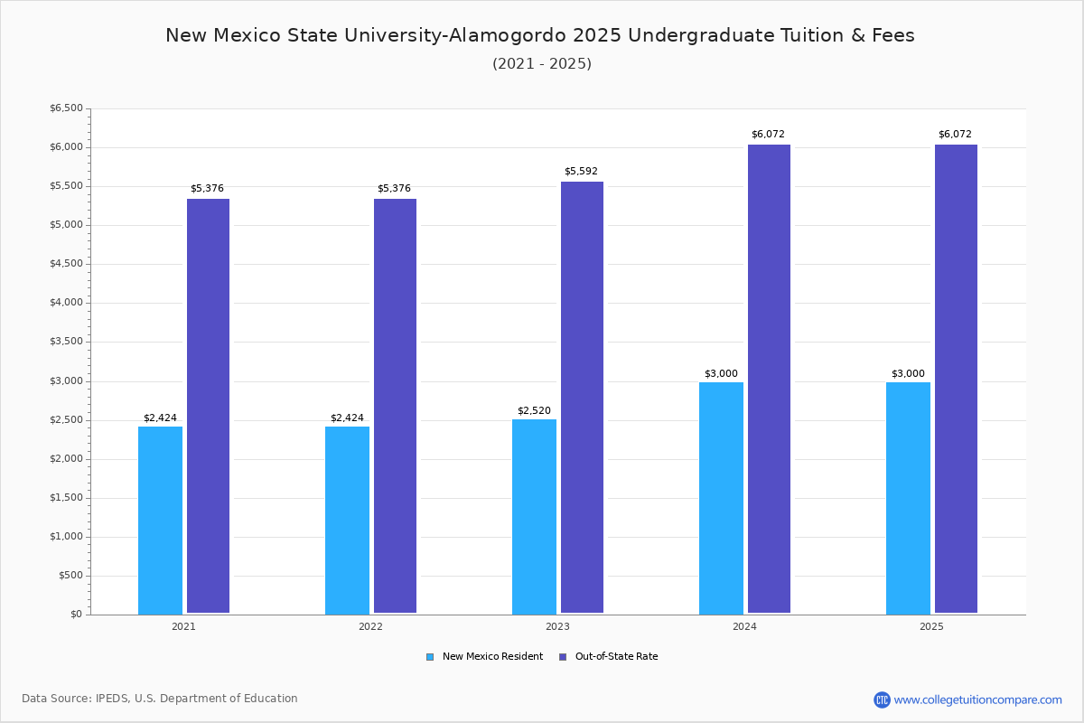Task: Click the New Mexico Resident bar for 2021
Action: coord(160,520)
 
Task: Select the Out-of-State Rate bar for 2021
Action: coord(208,406)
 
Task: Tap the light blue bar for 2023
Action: coord(534,516)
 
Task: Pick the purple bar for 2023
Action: coord(582,398)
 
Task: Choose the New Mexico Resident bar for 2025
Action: coord(908,498)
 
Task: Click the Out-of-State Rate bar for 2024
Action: coord(769,379)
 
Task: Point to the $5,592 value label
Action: coord(581,171)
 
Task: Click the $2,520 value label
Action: coord(534,410)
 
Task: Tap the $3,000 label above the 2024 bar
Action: coord(721,373)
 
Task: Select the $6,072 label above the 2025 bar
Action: coord(955,134)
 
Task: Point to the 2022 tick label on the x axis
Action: coord(370,626)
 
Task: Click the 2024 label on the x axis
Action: coord(744,626)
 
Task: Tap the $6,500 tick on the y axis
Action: coord(66,108)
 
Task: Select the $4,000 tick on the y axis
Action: coord(66,303)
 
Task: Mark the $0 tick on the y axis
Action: coord(76,615)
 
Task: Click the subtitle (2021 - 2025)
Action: coord(542,63)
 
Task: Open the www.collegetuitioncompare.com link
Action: coord(977,700)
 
